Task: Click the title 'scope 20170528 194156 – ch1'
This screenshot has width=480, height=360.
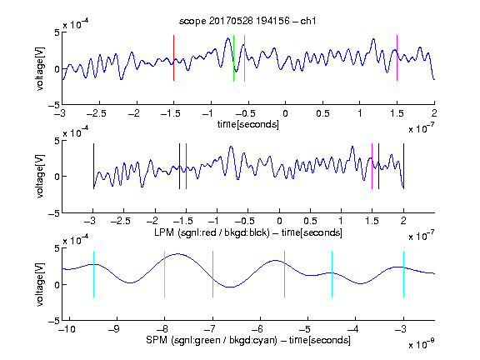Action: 247,21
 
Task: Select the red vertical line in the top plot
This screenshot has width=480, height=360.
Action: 174,57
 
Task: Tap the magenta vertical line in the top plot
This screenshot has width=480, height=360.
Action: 397,57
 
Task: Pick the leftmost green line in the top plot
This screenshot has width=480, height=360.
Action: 233,58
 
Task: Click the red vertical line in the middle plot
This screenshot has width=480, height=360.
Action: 186,166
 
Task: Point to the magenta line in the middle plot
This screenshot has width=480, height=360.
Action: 372,166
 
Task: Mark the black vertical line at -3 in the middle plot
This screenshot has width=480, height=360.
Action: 93,166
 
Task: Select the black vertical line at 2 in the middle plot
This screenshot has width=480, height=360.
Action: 403,166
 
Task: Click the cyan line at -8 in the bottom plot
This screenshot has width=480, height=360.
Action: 165,274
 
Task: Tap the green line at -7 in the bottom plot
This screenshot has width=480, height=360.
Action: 212,274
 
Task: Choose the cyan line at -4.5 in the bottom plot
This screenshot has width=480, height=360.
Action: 332,274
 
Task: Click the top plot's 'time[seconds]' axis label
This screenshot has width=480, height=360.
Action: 248,124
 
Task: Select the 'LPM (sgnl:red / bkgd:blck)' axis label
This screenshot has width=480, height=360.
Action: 212,232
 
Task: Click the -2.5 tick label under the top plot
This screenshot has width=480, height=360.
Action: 96,113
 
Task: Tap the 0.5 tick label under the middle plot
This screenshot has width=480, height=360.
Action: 310,221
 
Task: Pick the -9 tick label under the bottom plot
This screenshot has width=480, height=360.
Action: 114,329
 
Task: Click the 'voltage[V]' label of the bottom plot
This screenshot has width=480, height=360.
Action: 40,284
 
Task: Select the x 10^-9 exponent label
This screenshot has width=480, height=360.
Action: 422,344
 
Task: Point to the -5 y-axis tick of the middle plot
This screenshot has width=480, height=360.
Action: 54,213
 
